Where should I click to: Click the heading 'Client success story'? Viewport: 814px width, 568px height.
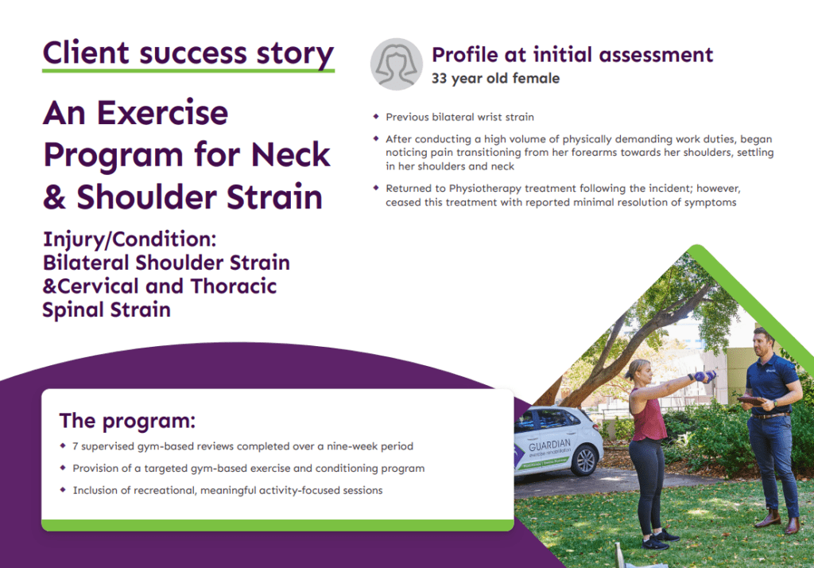[188, 53]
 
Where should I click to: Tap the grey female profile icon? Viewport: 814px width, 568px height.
[396, 64]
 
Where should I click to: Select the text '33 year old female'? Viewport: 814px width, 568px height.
[495, 79]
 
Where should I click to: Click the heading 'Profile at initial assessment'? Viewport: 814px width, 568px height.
[572, 55]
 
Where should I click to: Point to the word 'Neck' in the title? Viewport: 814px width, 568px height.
[291, 154]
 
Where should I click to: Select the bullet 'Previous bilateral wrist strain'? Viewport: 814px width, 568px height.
[459, 117]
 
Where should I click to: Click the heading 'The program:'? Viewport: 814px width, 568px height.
[127, 420]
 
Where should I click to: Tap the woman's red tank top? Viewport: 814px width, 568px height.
[649, 418]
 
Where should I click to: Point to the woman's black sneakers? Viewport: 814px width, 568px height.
[658, 541]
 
